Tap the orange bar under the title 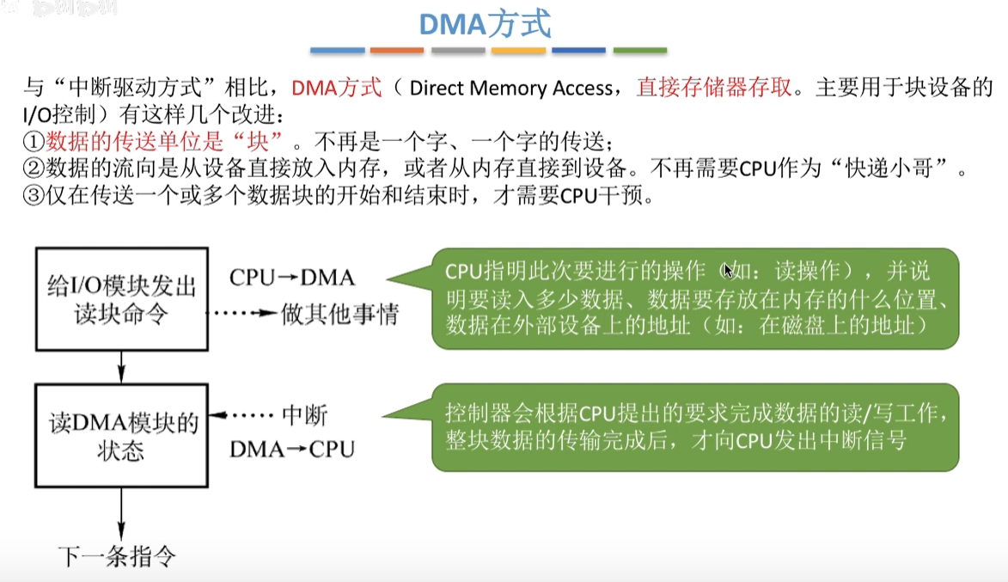(397, 52)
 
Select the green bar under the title (640, 52)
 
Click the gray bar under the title (458, 52)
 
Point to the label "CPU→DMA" (292, 277)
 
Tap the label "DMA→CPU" (292, 449)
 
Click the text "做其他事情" (339, 315)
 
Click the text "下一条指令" (118, 556)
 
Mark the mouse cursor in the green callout (728, 271)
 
